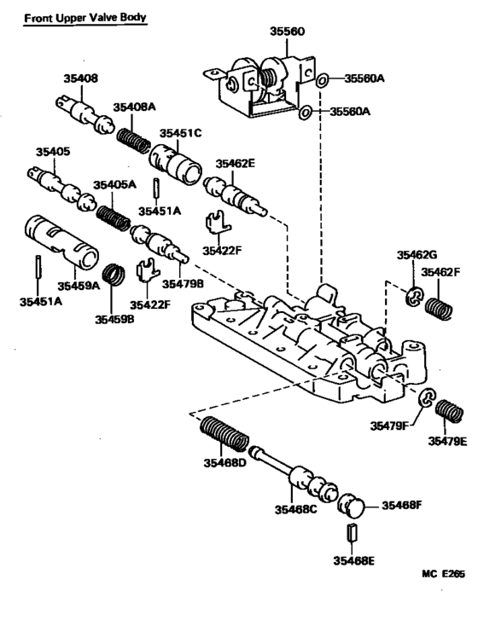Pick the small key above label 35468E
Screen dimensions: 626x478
pos(351,540)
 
